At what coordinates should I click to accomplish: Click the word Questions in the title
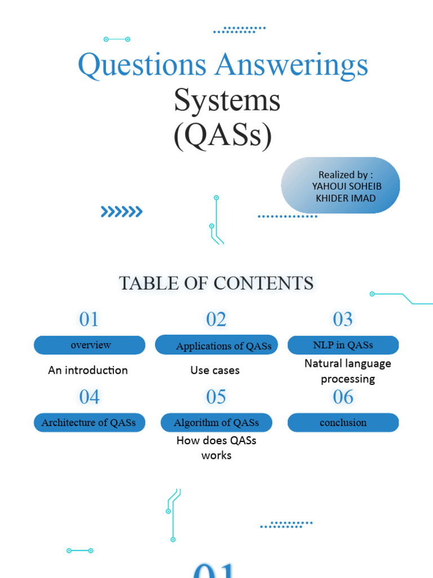142,65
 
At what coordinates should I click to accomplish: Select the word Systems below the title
227,100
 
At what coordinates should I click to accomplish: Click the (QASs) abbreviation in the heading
223,135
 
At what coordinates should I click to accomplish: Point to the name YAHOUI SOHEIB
343,186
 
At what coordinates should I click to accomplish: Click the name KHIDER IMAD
346,198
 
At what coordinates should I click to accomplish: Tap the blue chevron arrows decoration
121,212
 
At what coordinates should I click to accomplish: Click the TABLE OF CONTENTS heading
216,283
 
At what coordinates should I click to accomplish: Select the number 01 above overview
89,319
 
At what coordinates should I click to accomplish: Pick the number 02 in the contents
216,319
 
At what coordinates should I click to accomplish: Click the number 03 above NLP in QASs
343,319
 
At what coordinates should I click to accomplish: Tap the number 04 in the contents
89,397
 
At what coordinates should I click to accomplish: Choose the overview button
90,345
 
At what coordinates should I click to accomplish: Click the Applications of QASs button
216,345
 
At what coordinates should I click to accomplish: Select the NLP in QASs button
343,345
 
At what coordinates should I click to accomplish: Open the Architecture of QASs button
90,422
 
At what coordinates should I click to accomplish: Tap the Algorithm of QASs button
216,422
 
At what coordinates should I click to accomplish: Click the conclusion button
343,422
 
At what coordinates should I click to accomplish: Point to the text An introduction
88,370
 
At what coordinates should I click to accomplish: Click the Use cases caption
215,370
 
